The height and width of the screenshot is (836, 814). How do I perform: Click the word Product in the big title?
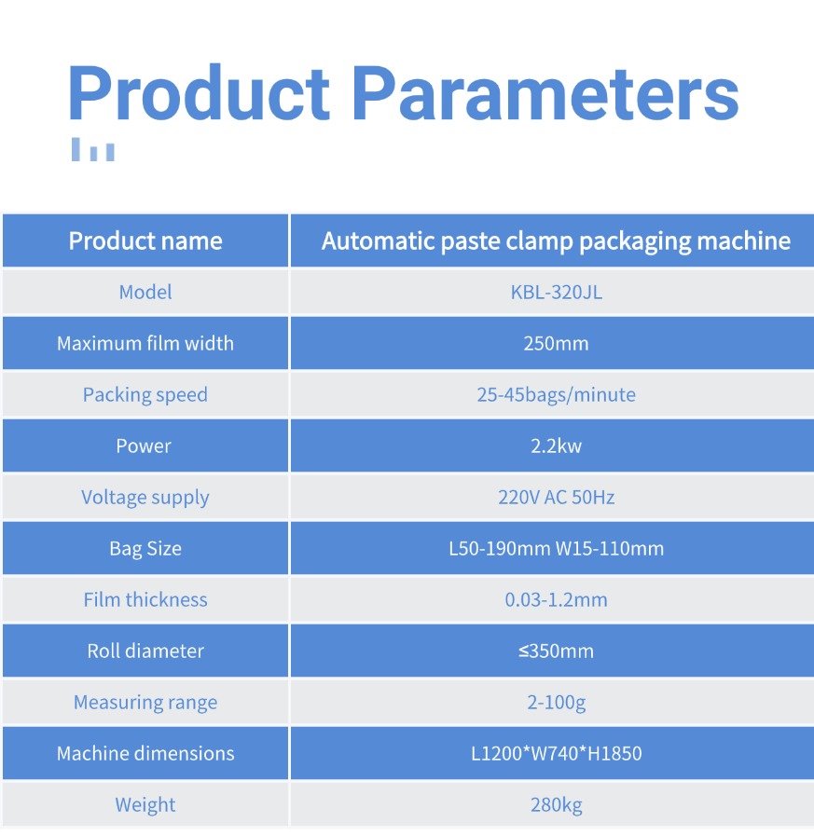(x=199, y=91)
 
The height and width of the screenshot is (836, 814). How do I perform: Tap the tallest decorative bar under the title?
(x=76, y=149)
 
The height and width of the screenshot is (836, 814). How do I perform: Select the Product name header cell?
(x=145, y=240)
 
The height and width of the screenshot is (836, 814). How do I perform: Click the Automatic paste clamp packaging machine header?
(x=556, y=241)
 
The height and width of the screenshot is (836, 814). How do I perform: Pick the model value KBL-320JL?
(x=557, y=292)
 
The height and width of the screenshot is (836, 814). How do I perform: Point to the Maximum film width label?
(x=145, y=343)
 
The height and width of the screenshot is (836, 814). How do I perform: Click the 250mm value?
(x=556, y=343)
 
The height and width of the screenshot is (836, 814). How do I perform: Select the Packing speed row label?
(x=145, y=395)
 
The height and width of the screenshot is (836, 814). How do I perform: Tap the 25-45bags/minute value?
(x=557, y=394)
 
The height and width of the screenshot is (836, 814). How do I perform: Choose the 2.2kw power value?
(x=556, y=445)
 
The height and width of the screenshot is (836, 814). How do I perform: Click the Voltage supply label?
(x=145, y=498)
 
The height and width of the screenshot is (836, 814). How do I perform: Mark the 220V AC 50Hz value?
(x=557, y=498)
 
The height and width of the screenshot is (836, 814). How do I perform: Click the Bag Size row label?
(x=145, y=549)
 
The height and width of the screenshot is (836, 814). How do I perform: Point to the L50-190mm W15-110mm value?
(x=557, y=549)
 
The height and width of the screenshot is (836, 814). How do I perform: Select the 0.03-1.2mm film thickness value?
(x=557, y=600)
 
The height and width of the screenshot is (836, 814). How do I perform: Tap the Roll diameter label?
(x=145, y=651)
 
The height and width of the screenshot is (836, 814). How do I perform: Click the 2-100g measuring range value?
(x=557, y=703)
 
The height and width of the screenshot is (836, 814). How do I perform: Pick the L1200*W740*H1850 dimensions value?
(x=557, y=753)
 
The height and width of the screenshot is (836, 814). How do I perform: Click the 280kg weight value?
(x=557, y=805)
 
